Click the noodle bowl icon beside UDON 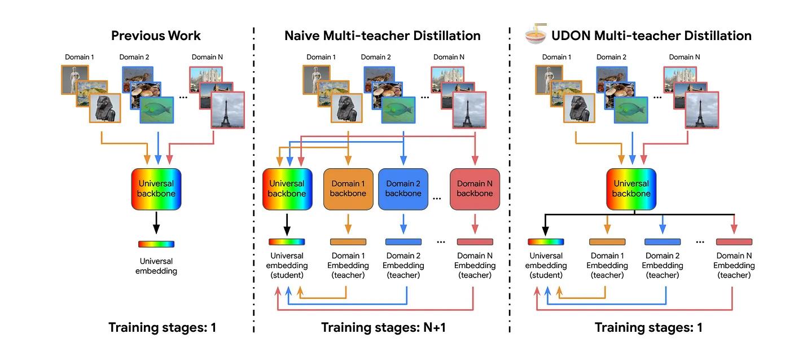tap(533, 35)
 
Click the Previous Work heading tap(156, 36)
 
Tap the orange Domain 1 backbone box tap(348, 188)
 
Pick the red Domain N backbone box tap(475, 188)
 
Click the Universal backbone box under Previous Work tap(156, 188)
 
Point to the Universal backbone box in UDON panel tap(631, 188)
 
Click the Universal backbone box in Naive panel tap(287, 188)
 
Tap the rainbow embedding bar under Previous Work tap(156, 244)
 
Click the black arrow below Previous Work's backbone tap(156, 223)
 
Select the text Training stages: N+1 tap(383, 327)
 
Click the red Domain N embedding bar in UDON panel tap(734, 242)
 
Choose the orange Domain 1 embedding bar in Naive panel tap(348, 242)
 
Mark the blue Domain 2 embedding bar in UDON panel tap(662, 242)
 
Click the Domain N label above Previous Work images tap(207, 57)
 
